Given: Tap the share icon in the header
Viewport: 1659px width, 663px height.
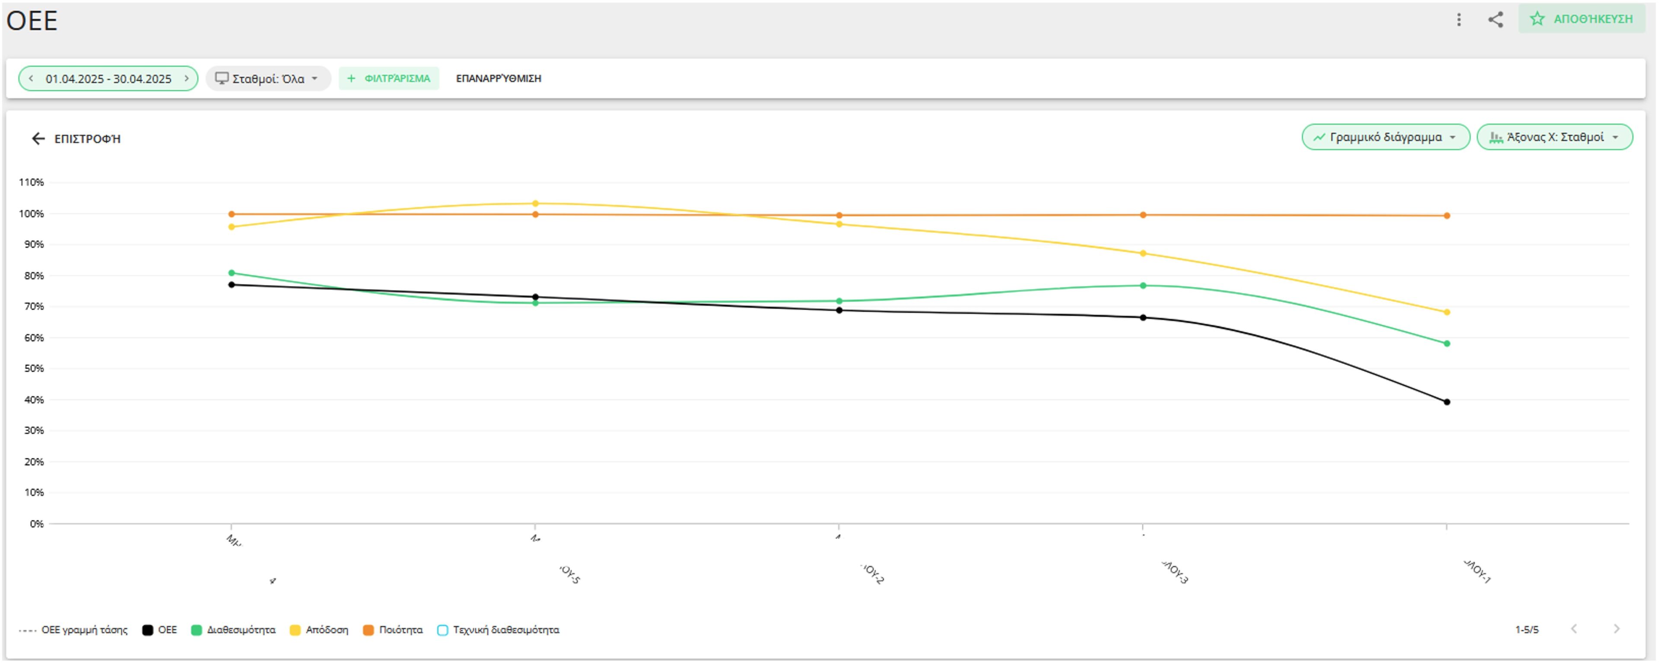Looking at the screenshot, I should coord(1495,19).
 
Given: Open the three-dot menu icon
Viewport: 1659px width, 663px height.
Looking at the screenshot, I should coord(1459,19).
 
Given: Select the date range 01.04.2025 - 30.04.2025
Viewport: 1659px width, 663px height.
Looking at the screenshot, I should coord(108,79).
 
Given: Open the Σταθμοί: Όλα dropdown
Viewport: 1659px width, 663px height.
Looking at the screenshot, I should coord(268,79).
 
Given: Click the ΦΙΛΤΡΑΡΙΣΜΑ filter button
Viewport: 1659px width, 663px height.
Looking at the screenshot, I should coord(389,79).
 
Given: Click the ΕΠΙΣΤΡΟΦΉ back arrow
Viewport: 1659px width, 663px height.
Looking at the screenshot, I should coord(38,138).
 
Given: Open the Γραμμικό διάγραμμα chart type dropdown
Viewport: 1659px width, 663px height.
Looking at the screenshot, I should coord(1385,137).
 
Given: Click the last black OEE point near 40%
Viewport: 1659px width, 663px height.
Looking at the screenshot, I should coord(1446,402).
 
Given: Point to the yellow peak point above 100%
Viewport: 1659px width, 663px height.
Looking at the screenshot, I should coord(535,203).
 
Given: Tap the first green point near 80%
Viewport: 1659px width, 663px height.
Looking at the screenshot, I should coord(231,273).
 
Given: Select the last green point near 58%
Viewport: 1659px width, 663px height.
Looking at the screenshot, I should coord(1446,344).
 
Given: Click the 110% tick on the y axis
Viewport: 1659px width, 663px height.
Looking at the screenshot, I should coord(31,182).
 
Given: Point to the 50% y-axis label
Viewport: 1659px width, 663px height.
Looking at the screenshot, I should coord(34,368).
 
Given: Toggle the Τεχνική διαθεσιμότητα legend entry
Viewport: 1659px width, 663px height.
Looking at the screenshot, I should coord(499,630).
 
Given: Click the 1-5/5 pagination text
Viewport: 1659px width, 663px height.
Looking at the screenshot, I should coord(1526,630).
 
